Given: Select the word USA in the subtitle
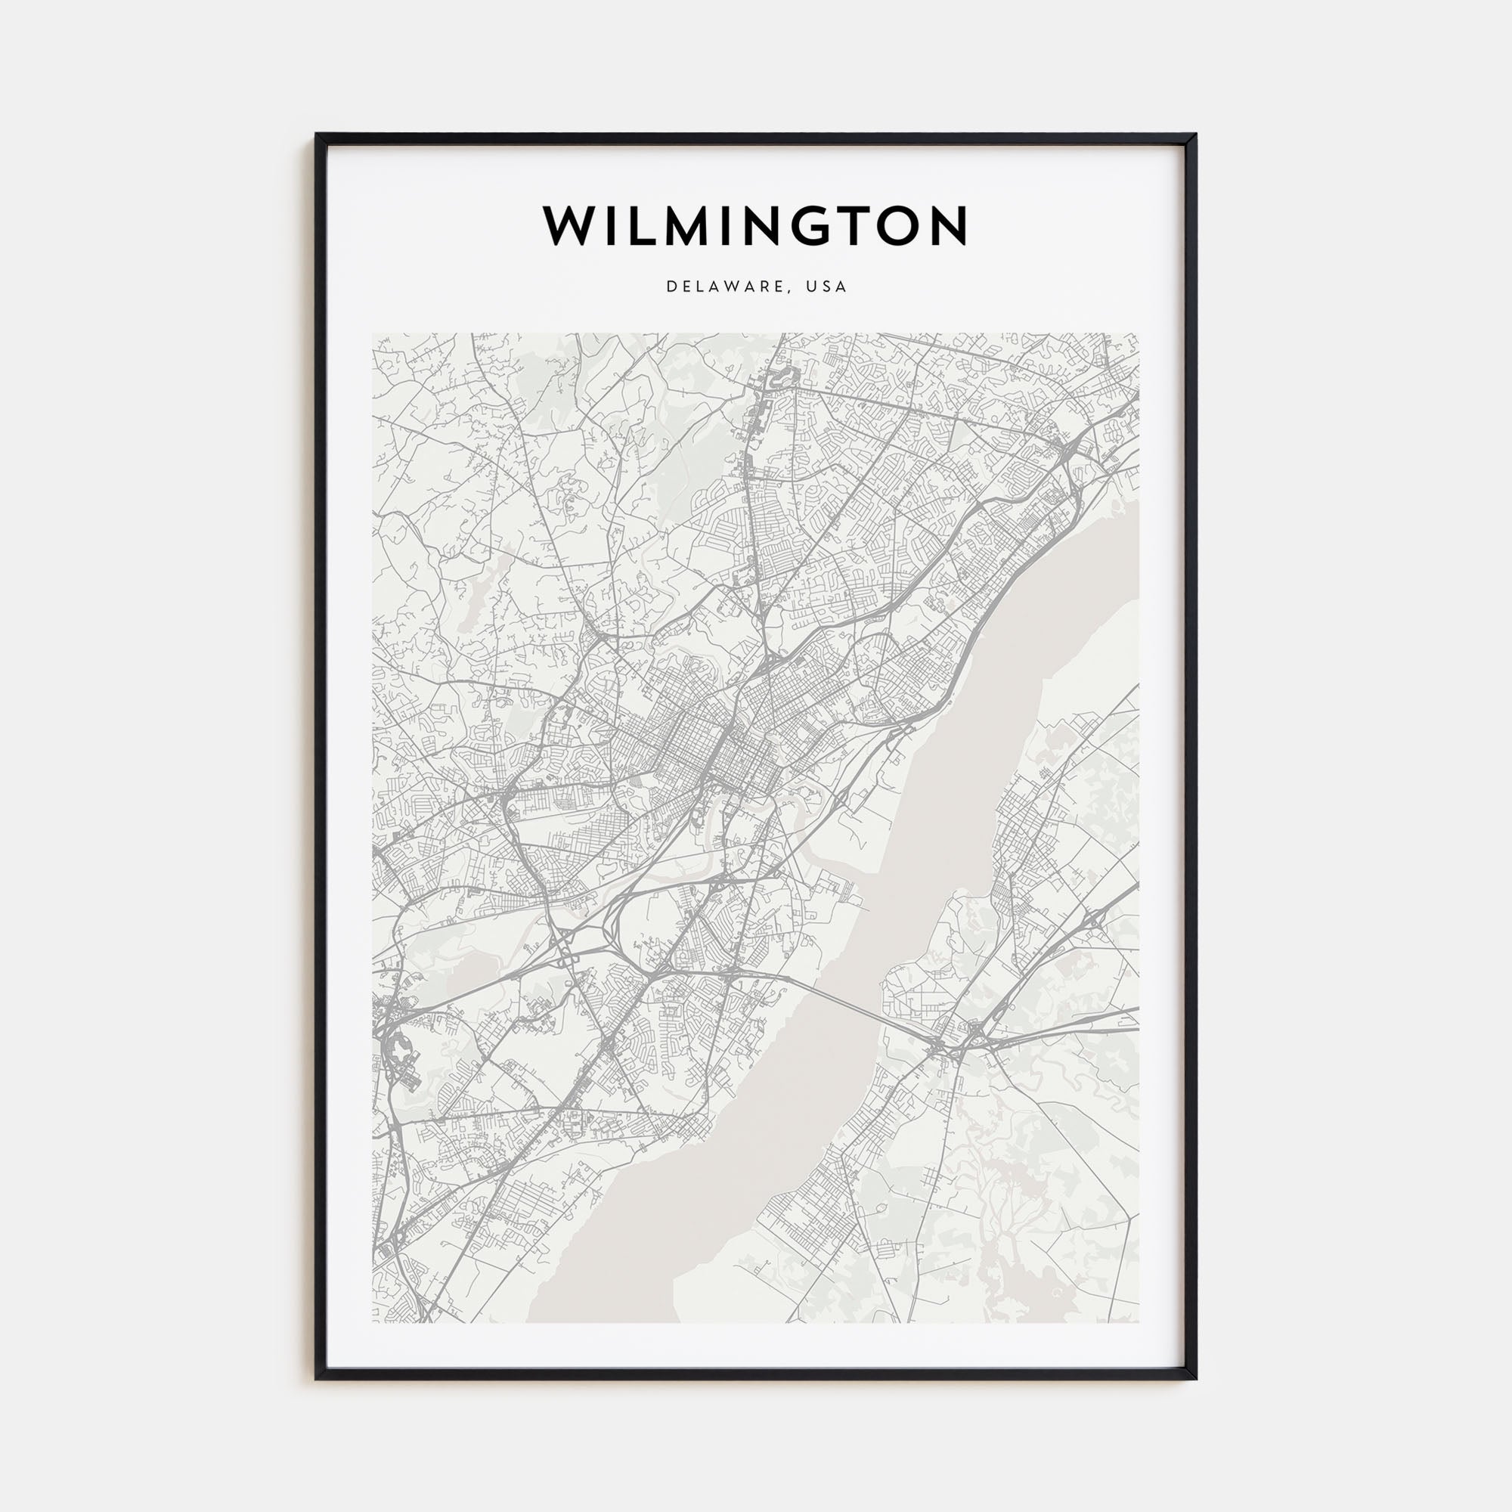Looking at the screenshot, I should point(829,287).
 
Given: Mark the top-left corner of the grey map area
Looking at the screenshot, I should point(373,334).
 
